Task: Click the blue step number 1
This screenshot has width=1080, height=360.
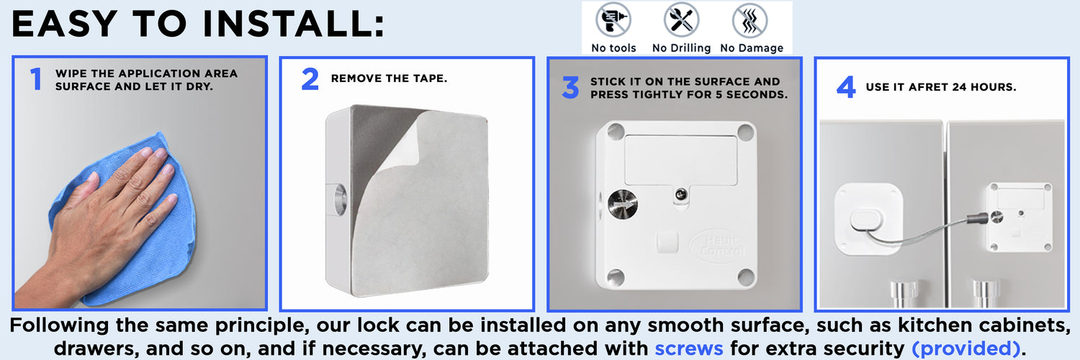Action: click(35, 79)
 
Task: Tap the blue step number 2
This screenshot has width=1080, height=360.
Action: click(310, 79)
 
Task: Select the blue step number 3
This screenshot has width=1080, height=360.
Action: click(570, 89)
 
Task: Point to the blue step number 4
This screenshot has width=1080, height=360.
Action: click(846, 88)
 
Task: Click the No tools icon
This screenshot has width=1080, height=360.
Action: click(613, 20)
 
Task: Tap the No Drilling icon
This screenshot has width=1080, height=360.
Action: click(681, 20)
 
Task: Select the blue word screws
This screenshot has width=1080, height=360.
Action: click(688, 348)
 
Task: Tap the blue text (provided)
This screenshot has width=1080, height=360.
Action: click(966, 348)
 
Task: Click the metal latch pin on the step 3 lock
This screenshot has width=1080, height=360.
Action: click(621, 205)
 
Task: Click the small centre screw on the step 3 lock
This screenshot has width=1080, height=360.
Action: click(680, 194)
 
